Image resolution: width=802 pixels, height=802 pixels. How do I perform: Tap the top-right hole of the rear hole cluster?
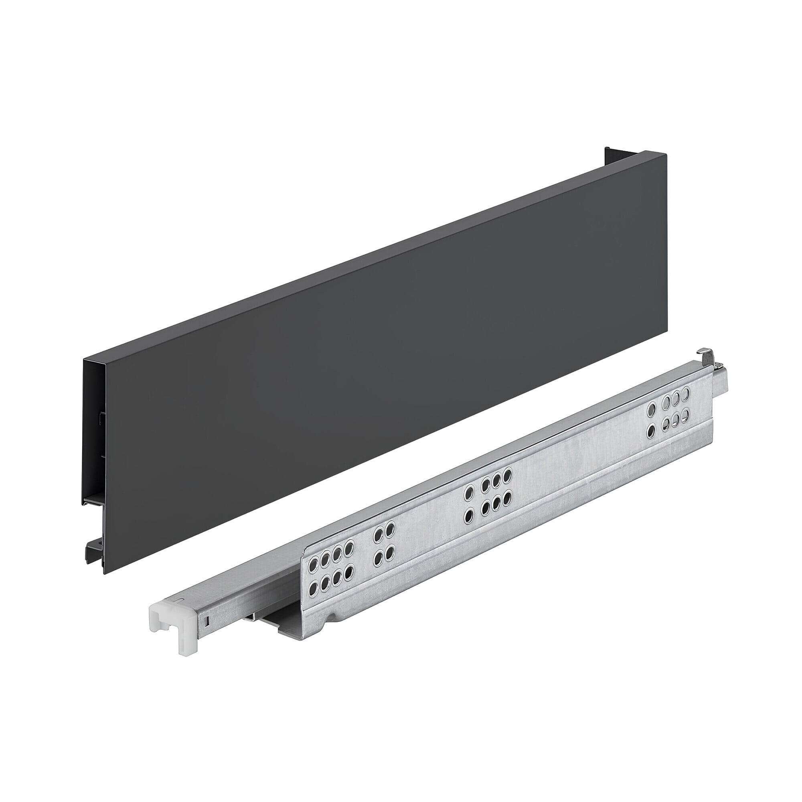click(x=685, y=393)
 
